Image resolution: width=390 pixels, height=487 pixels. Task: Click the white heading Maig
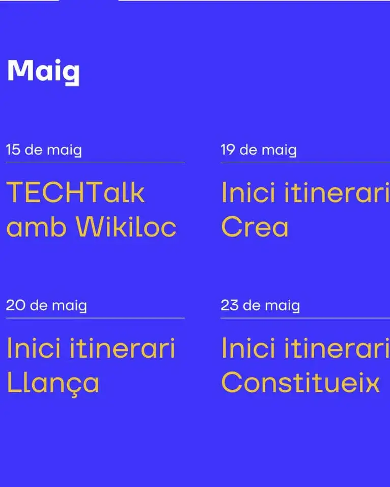43,72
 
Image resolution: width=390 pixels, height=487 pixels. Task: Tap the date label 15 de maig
44,150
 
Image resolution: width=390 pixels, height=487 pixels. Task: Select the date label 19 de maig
258,150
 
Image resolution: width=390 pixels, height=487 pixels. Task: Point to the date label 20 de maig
46,306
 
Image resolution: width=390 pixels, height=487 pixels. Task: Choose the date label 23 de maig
260,306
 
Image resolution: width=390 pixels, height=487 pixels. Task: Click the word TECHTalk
76,193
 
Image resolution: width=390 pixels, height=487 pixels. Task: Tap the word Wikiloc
126,227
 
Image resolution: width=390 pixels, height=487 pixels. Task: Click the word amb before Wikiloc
37,227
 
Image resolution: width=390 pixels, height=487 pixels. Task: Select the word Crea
255,227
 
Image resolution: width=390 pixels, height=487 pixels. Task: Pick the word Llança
52,383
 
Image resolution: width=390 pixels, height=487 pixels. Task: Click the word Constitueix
300,383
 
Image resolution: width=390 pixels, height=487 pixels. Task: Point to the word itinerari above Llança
122,349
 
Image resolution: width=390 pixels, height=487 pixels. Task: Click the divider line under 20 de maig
95,318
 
